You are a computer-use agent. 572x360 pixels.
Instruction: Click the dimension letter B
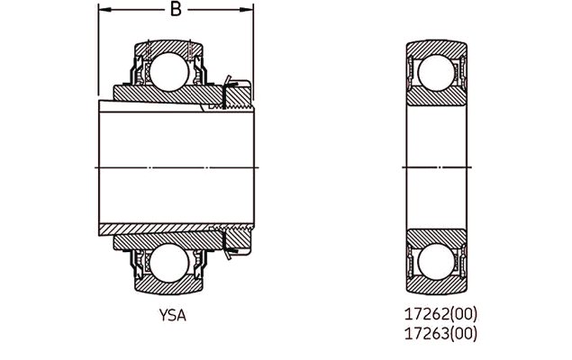click(176, 9)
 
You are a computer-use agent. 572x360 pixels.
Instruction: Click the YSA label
click(173, 316)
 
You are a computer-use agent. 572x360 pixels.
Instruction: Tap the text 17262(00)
click(440, 314)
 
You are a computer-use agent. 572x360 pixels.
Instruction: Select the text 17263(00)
click(440, 333)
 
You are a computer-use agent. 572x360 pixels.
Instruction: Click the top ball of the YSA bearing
click(169, 72)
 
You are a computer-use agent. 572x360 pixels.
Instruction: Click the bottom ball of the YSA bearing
click(169, 263)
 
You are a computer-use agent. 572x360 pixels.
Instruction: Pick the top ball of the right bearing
click(436, 73)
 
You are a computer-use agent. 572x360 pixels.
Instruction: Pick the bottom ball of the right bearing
click(436, 262)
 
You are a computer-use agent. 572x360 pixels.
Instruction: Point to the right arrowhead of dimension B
click(247, 10)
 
